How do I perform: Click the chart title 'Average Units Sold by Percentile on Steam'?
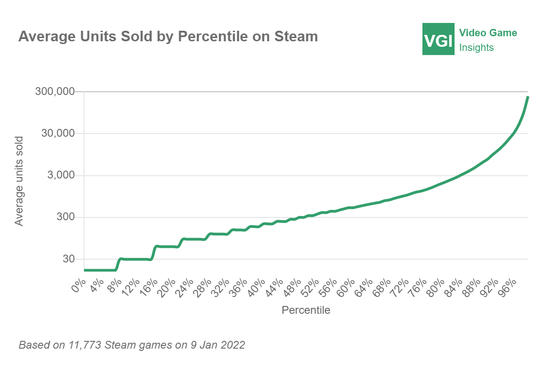[168, 37]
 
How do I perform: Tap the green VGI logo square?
[439, 39]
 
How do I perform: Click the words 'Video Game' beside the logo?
[488, 33]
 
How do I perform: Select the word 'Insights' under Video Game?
[477, 48]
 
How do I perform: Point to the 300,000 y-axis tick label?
[55, 92]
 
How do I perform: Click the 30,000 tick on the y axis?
[58, 133]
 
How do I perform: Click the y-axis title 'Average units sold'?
[19, 180]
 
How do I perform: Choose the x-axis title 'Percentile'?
[306, 310]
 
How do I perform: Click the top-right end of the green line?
[528, 97]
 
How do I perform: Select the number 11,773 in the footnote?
[84, 345]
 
